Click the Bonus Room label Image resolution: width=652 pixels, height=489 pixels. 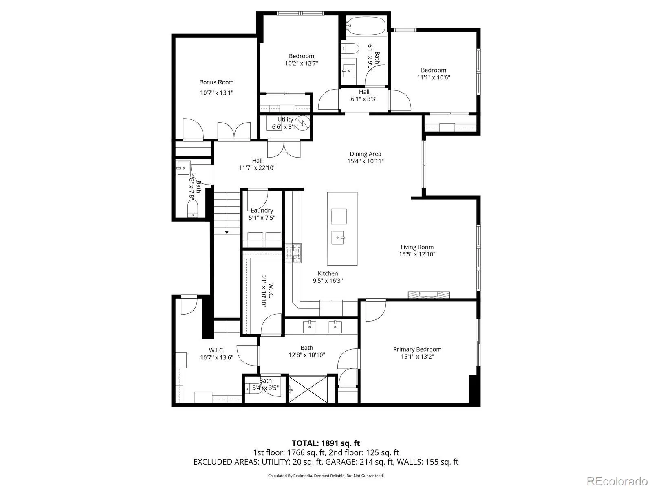(x=216, y=82)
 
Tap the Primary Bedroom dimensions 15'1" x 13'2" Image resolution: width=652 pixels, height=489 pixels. (x=417, y=357)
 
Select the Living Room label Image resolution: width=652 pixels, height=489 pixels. (x=417, y=247)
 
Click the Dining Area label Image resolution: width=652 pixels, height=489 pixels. (x=366, y=154)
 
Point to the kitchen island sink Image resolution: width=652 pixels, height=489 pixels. (x=339, y=237)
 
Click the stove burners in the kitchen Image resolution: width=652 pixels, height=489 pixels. (x=293, y=253)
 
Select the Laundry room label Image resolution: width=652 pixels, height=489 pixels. (x=262, y=211)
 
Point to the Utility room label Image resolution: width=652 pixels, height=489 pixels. (x=285, y=119)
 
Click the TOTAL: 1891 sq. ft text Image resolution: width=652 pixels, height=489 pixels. (x=326, y=443)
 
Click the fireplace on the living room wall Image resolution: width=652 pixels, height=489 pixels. (x=429, y=295)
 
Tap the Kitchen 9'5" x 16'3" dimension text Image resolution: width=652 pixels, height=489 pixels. (x=328, y=281)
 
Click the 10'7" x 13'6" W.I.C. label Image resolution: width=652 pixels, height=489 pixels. (x=216, y=350)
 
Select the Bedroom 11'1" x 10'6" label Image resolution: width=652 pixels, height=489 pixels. (x=433, y=70)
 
